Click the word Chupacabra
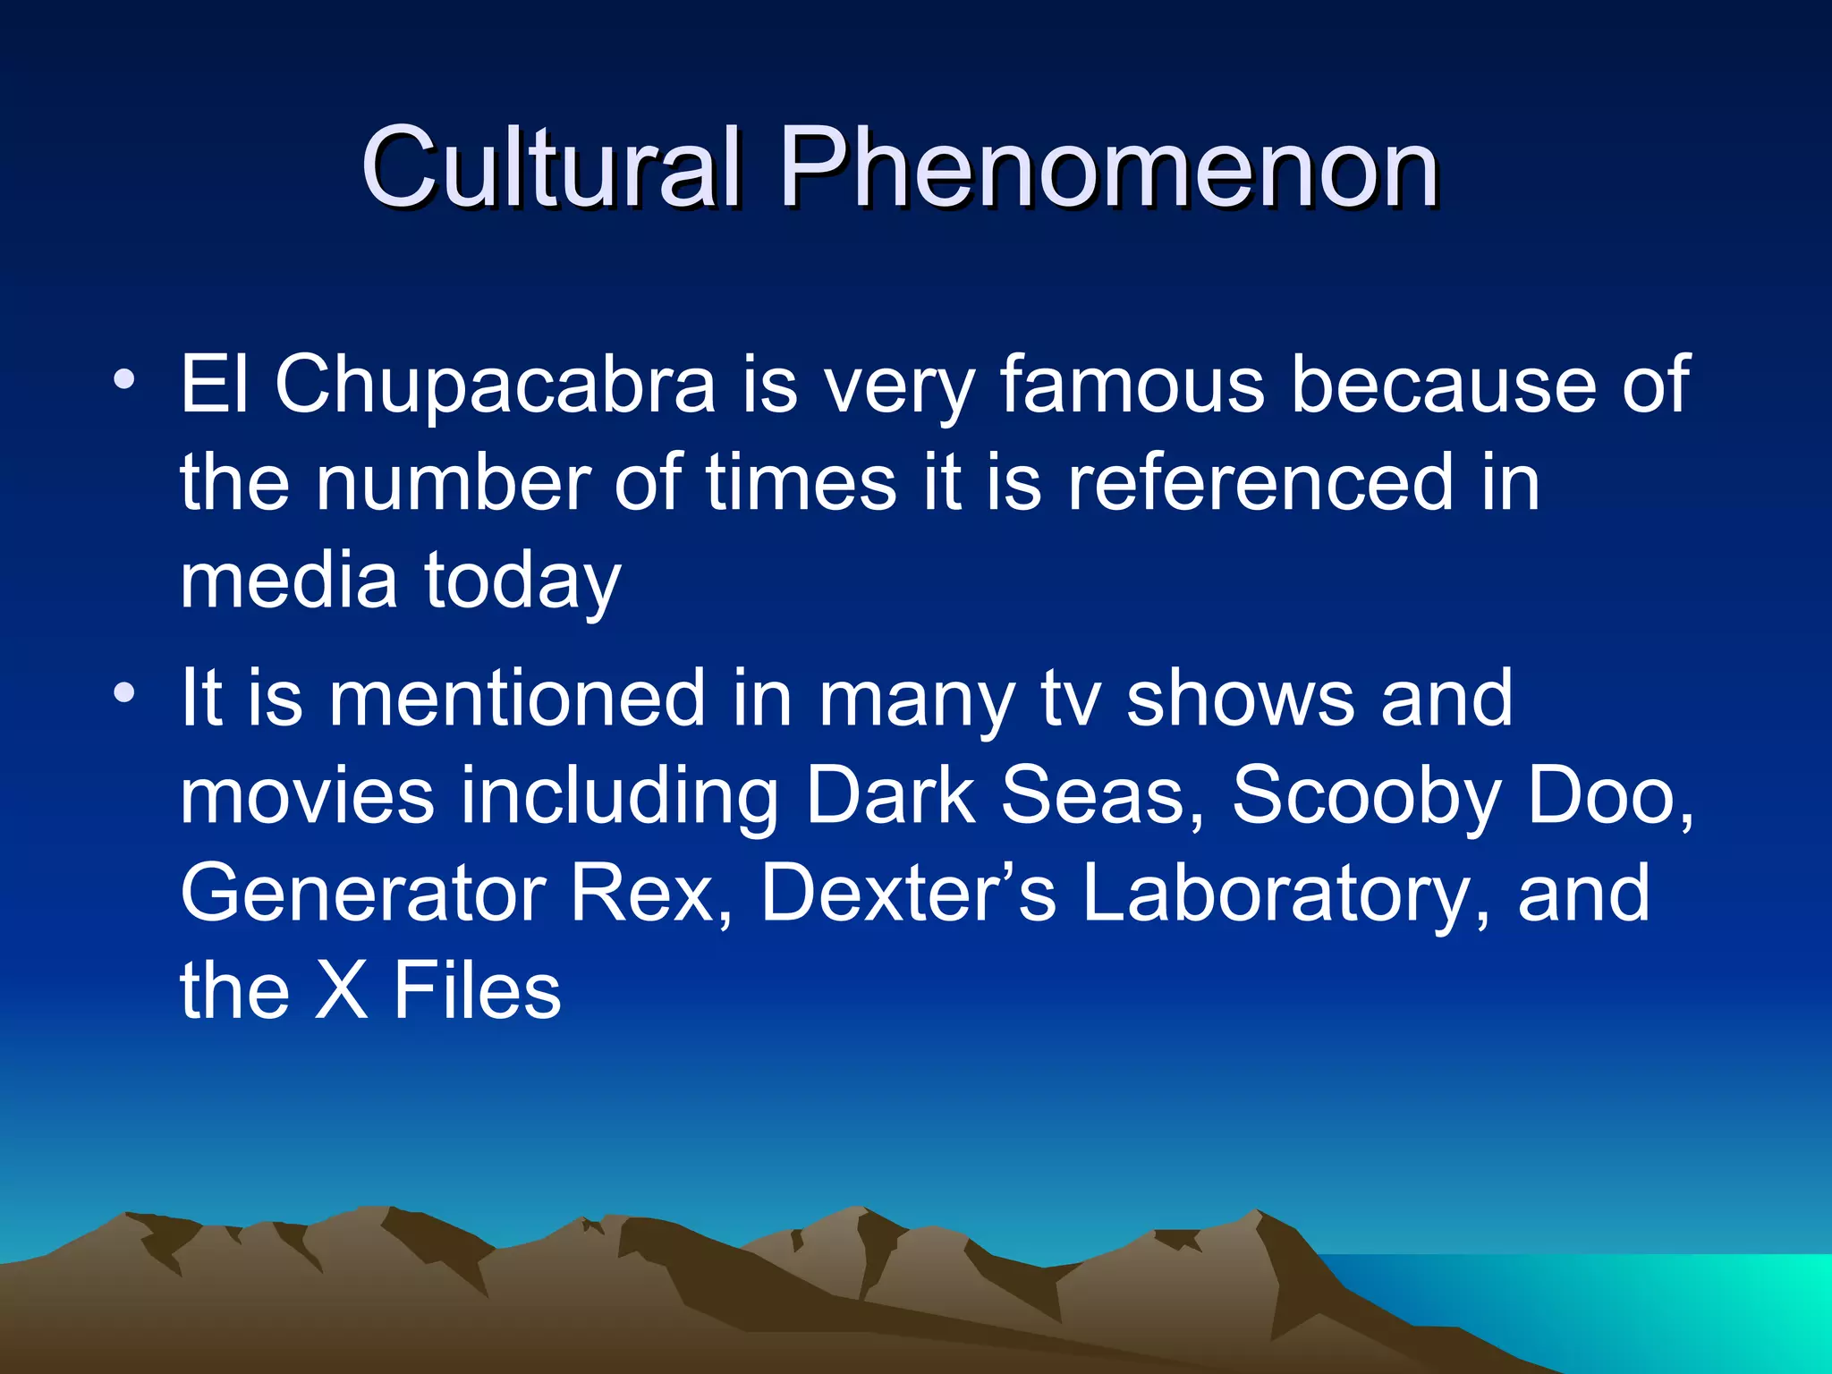point(495,385)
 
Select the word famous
point(1132,385)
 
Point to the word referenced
point(1260,483)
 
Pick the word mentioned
point(518,698)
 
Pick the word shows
point(1239,698)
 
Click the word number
point(452,483)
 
